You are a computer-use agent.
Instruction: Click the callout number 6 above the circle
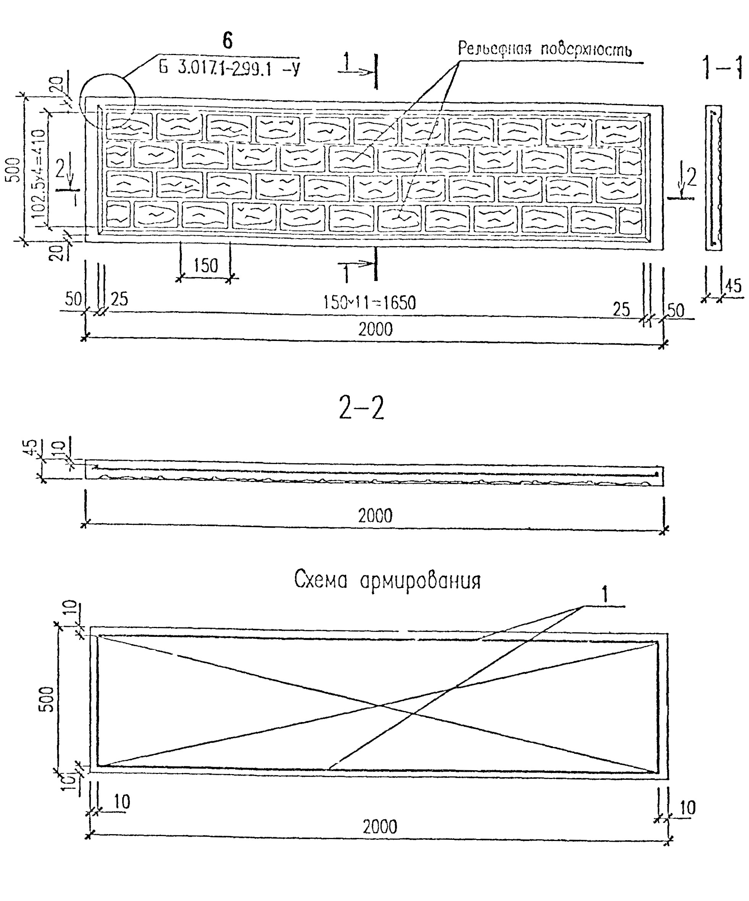pos(227,41)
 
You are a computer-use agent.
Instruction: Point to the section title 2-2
pos(361,407)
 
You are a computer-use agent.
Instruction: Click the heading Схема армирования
pos(387,581)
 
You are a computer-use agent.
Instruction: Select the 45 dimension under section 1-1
pos(733,286)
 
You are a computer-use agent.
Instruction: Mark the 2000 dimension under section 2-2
pos(375,516)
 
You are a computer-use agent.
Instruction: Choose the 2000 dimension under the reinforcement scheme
pos(379,827)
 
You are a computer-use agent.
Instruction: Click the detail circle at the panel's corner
pos(107,102)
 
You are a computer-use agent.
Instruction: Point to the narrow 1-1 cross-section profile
pos(713,178)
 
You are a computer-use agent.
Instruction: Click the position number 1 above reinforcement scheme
pos(605,595)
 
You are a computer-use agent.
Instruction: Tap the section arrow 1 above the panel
pos(347,63)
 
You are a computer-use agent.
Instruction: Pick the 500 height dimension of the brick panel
pos(14,170)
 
